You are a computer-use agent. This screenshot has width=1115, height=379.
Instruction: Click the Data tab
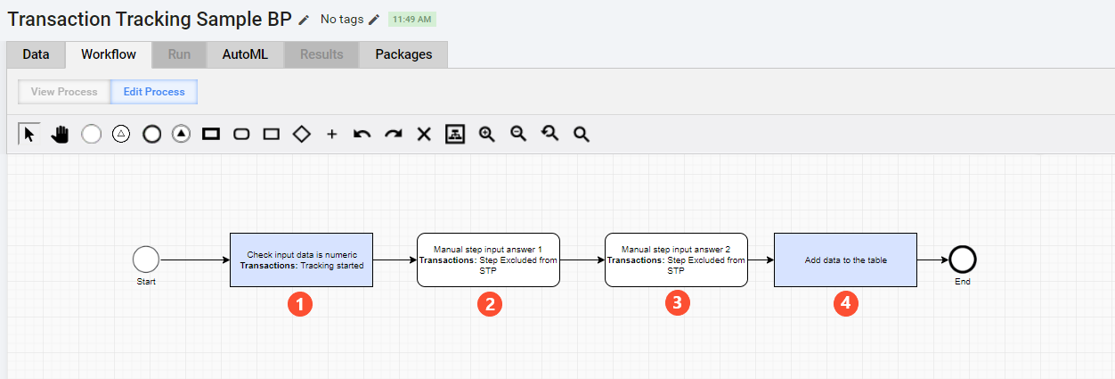36,54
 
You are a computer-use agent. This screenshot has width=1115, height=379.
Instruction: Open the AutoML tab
245,54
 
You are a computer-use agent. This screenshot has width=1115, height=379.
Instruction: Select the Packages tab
403,54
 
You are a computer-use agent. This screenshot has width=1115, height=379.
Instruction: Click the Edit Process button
154,92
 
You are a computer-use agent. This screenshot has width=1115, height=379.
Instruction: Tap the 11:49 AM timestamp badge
412,20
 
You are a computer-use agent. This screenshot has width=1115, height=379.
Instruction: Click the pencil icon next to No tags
374,20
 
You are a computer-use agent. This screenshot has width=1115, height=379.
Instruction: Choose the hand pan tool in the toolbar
60,134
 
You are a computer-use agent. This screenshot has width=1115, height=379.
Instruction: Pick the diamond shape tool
302,134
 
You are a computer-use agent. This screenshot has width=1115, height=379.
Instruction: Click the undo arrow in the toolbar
362,134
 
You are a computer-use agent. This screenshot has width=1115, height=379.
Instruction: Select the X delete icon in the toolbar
424,134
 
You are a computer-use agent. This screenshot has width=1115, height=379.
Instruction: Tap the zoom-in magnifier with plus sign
487,134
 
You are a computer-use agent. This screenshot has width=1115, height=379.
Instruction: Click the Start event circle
146,260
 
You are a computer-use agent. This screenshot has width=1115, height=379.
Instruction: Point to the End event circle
963,260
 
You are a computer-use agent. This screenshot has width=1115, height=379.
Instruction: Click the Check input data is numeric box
301,260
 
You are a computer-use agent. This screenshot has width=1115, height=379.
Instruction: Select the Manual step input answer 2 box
676,260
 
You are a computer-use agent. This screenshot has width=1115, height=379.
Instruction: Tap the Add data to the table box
845,260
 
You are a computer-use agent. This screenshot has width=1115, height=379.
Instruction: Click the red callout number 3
678,303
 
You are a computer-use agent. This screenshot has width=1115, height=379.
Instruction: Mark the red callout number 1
300,304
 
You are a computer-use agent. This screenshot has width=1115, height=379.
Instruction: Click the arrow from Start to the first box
195,260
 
